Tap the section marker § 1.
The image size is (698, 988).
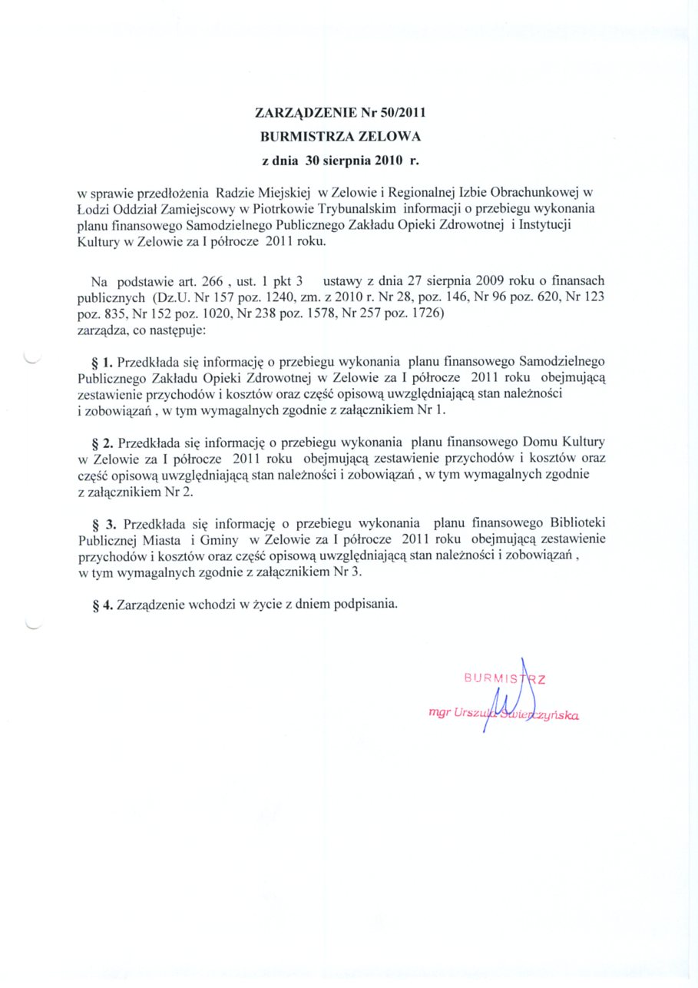coord(103,360)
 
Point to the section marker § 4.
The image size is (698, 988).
coord(103,604)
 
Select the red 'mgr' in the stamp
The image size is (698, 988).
coord(440,713)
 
